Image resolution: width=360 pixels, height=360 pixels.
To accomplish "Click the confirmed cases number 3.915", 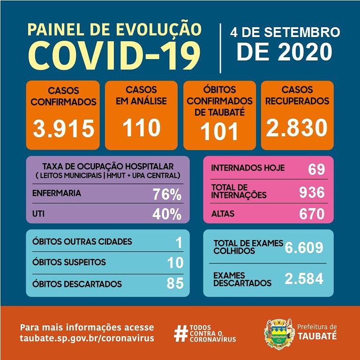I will pos(64,127).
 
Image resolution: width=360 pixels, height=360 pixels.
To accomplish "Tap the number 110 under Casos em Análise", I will pos(141,127).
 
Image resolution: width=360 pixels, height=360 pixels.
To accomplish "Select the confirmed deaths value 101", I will pos(219,132).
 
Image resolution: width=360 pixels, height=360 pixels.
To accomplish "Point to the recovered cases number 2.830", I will pos(297,127).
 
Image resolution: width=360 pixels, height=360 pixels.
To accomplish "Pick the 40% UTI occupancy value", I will pos(167,214).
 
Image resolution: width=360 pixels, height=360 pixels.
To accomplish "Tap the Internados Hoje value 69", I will pos(316,169).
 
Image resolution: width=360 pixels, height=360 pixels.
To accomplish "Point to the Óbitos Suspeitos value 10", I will pos(175,263).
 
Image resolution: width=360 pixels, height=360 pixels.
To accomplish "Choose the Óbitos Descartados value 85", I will pos(175,284).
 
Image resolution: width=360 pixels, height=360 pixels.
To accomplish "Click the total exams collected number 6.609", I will pos(304,247).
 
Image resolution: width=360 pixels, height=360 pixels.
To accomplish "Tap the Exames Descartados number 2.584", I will pos(304,278).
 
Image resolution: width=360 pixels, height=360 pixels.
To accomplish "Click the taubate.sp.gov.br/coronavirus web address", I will pos(87,338).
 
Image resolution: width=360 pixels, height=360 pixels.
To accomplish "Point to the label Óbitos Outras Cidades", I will pos(82,242).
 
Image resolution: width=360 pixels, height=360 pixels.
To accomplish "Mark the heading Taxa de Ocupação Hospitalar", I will pos(108,166).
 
